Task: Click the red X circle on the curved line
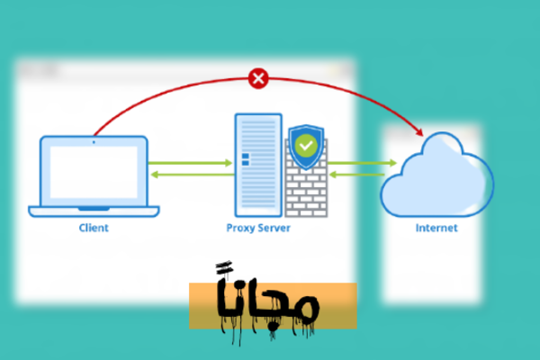click(258, 79)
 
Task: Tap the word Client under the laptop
click(93, 228)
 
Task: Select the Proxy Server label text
click(258, 228)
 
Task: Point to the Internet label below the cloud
click(436, 228)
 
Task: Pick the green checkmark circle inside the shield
click(307, 144)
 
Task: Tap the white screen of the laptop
click(93, 172)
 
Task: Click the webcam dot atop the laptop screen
click(94, 141)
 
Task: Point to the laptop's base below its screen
click(93, 211)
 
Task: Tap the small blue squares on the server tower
click(245, 160)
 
